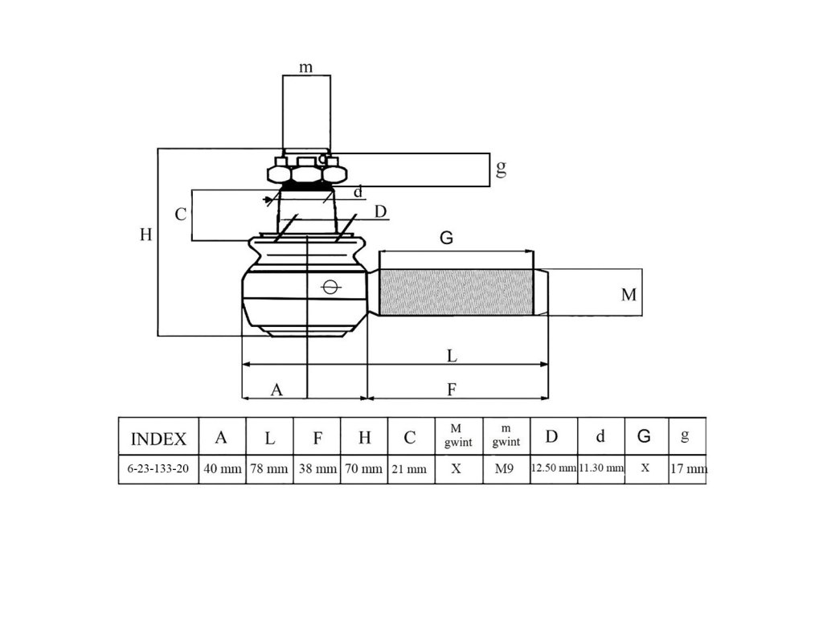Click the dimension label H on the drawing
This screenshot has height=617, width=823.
click(145, 235)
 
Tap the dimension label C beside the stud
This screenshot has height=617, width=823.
click(181, 215)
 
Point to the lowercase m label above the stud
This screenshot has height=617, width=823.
click(306, 67)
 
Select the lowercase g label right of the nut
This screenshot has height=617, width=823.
click(501, 169)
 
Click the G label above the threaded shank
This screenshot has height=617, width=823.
click(447, 238)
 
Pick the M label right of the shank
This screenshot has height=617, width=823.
click(629, 295)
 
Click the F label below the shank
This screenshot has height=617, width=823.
click(452, 390)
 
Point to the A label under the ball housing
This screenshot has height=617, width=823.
click(276, 390)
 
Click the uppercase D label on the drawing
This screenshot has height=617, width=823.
click(381, 210)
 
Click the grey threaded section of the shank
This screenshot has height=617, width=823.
click(456, 292)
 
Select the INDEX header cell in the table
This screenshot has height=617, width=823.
click(158, 439)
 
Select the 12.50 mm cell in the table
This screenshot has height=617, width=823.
click(554, 468)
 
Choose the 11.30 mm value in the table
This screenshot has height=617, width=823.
click(601, 468)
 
